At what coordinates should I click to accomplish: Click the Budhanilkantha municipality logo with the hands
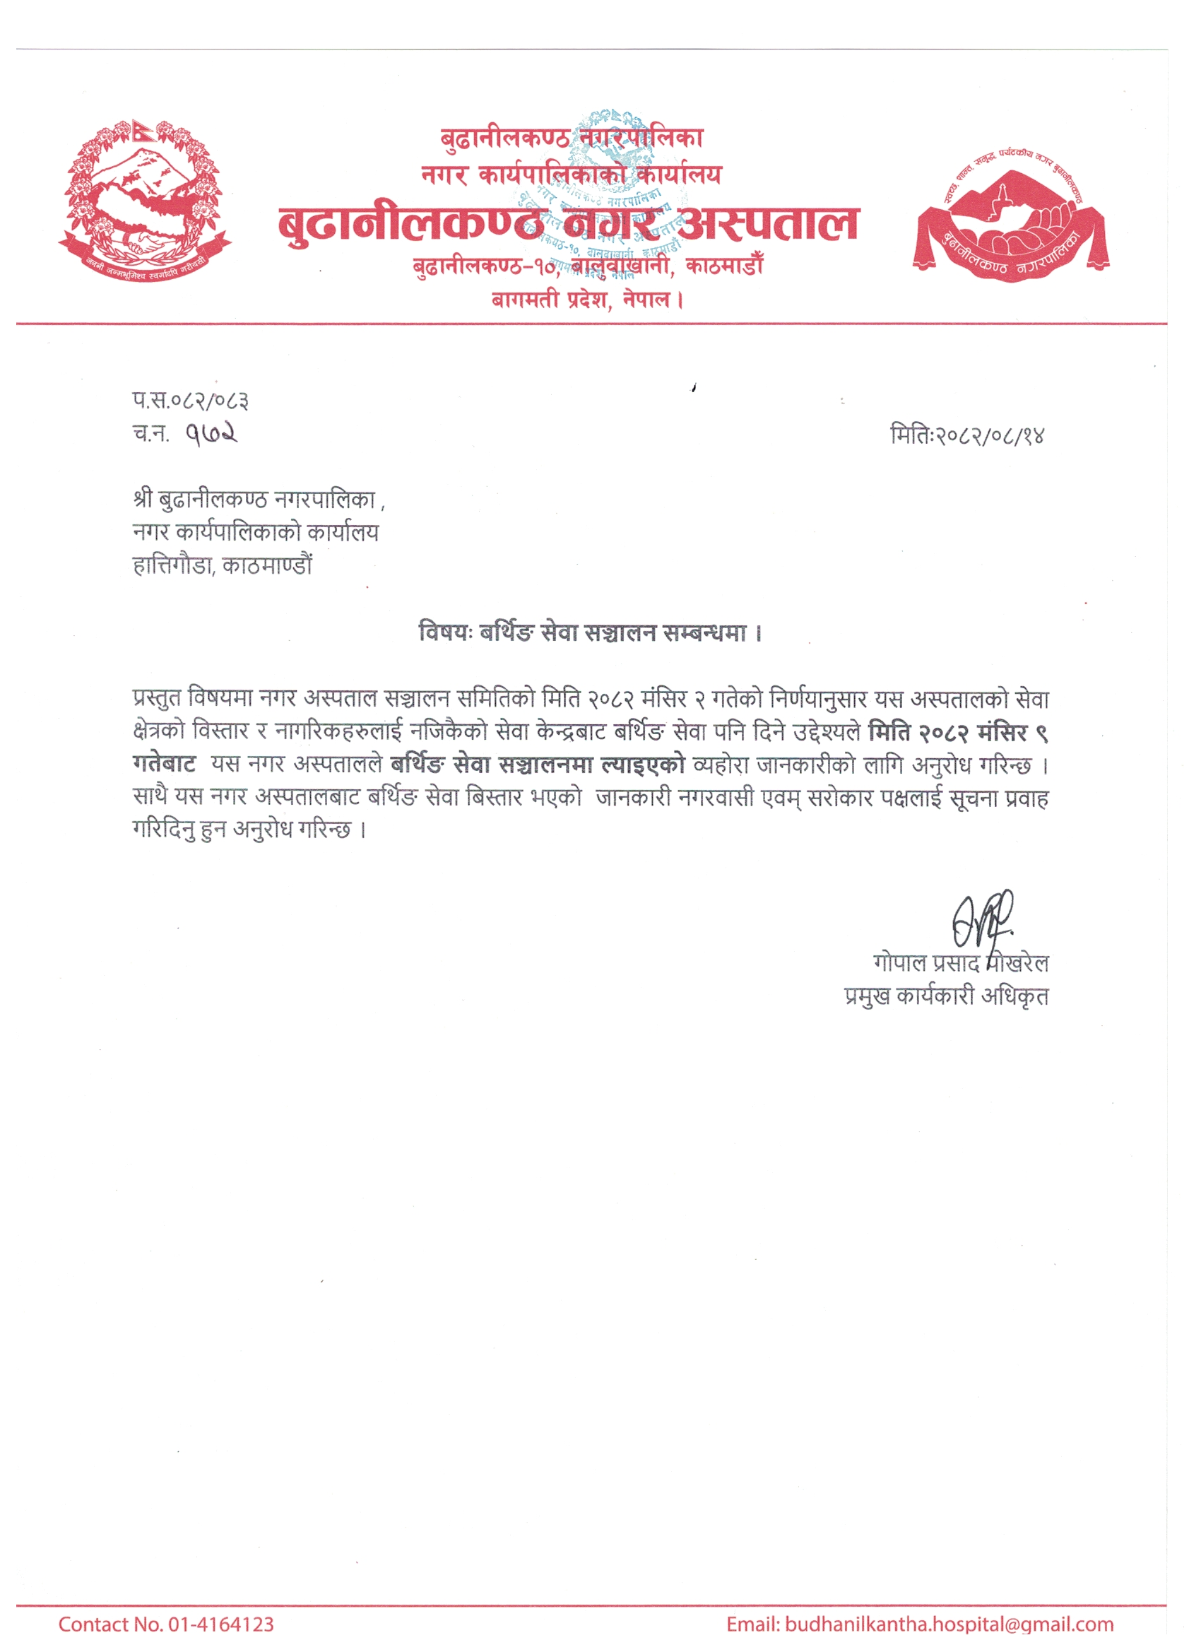(1012, 218)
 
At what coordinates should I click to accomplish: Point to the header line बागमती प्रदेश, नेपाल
(588, 300)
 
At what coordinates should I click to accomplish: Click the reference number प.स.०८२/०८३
(191, 400)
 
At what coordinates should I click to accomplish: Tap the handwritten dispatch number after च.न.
(212, 434)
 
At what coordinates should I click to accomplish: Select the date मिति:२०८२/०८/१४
(967, 435)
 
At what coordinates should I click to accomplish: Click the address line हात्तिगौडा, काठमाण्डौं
(223, 565)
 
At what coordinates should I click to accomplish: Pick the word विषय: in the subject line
(446, 632)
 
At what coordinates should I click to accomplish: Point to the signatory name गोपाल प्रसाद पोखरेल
(961, 963)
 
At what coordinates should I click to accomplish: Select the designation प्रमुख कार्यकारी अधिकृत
(946, 996)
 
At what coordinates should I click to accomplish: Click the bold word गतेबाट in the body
(165, 764)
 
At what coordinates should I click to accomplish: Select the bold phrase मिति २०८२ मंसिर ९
(958, 731)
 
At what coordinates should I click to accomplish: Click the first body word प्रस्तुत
(157, 699)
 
